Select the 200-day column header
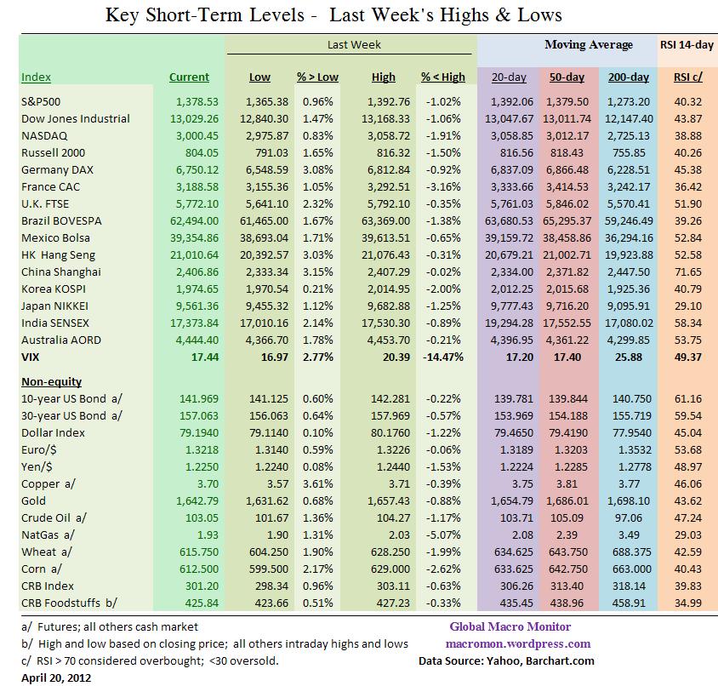point(629,77)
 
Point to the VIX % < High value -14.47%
point(442,357)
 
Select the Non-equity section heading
point(50,382)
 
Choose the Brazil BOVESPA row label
point(64,220)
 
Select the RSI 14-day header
point(687,45)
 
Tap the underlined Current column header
point(189,77)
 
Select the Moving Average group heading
point(589,45)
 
